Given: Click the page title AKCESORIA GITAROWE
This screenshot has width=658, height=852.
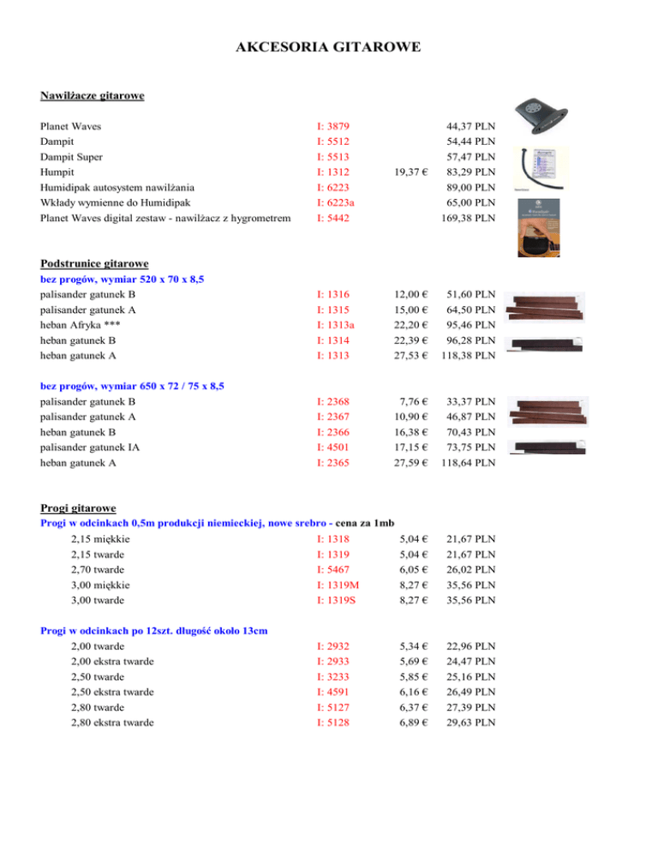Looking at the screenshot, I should pyautogui.click(x=328, y=48).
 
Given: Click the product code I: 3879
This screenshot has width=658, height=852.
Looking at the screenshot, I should pyautogui.click(x=332, y=126).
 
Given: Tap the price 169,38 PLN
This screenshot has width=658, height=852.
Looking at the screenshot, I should pyautogui.click(x=469, y=218).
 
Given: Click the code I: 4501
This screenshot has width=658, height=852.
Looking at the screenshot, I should pyautogui.click(x=332, y=447).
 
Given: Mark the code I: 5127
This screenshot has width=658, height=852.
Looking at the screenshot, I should pyautogui.click(x=332, y=707).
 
